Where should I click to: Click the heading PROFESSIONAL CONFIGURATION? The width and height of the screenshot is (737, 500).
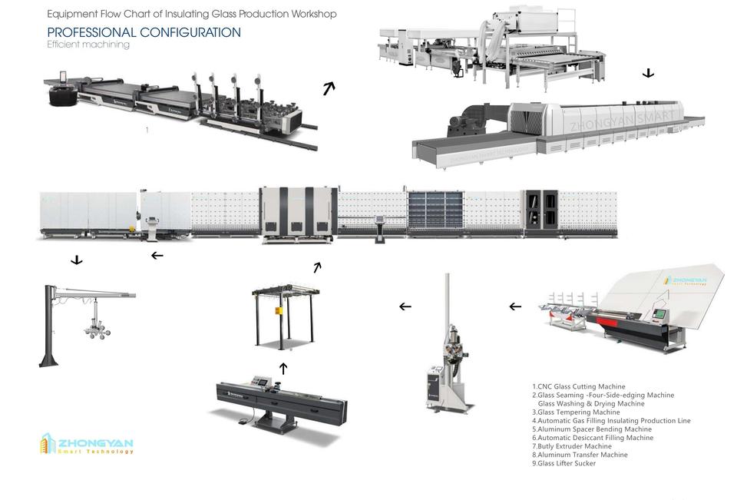144,32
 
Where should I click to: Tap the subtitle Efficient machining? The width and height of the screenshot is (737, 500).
88,45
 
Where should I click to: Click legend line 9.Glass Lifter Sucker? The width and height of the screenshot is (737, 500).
566,463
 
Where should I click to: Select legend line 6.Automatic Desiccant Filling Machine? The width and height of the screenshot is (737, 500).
595,438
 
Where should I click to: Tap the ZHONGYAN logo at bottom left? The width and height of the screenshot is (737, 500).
87,445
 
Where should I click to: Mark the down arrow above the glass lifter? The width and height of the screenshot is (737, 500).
77,260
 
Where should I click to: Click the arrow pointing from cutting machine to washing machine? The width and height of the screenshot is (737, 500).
329,88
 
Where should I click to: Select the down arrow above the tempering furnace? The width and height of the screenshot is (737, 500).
648,74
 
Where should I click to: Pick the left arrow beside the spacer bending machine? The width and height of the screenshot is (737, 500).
515,306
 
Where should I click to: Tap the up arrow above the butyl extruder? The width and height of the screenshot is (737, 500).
283,369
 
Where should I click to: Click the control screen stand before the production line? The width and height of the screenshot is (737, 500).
379,228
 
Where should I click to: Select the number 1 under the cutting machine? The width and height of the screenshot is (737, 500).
147,131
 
